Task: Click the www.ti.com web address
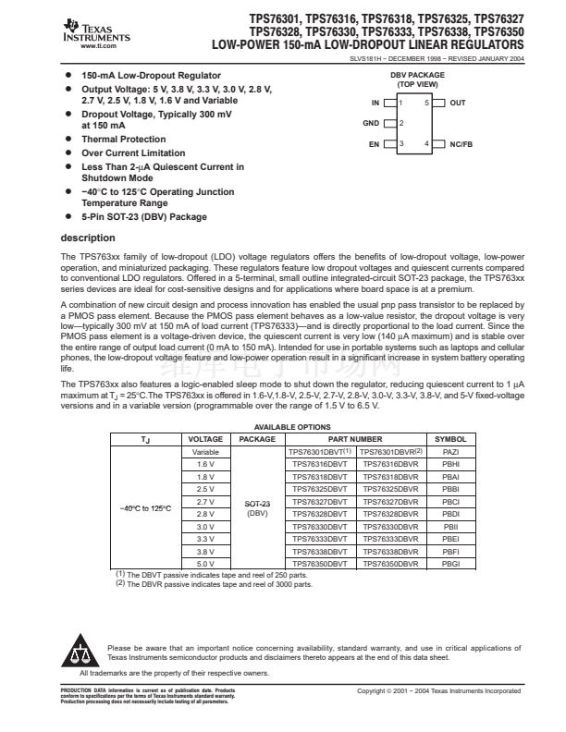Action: [97, 44]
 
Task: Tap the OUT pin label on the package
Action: [458, 103]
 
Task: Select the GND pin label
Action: [370, 123]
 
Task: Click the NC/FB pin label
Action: [461, 144]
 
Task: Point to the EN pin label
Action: [374, 144]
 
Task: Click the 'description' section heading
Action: [87, 238]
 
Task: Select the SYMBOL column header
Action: [450, 439]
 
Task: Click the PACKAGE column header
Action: [257, 439]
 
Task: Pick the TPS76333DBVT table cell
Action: [317, 537]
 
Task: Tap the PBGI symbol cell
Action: [450, 562]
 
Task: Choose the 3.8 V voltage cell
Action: [205, 550]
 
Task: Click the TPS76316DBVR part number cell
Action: [389, 463]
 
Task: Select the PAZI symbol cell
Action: [450, 451]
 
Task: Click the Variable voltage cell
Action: [205, 451]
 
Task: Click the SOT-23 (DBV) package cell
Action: [257, 507]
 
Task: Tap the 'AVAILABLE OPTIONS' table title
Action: [291, 427]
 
